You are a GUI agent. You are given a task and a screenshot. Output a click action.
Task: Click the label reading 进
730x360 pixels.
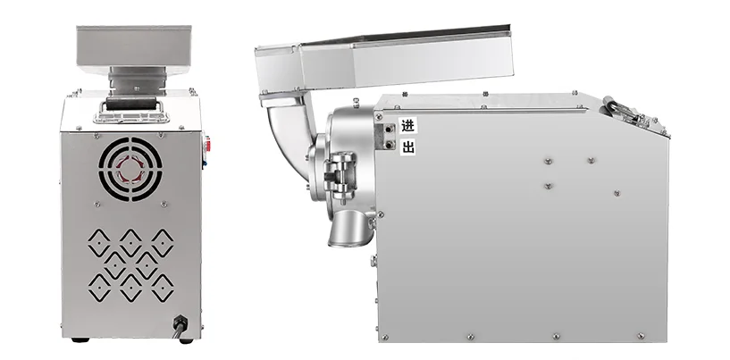pyautogui.click(x=407, y=126)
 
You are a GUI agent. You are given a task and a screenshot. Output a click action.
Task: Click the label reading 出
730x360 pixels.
pyautogui.click(x=407, y=147)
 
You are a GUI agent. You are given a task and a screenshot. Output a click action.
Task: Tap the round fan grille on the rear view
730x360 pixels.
pyautogui.click(x=130, y=169)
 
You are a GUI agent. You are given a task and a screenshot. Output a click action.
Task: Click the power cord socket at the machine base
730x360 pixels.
pyautogui.click(x=180, y=322)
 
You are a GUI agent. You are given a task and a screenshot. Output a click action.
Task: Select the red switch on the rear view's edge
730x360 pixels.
pyautogui.click(x=207, y=145)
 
